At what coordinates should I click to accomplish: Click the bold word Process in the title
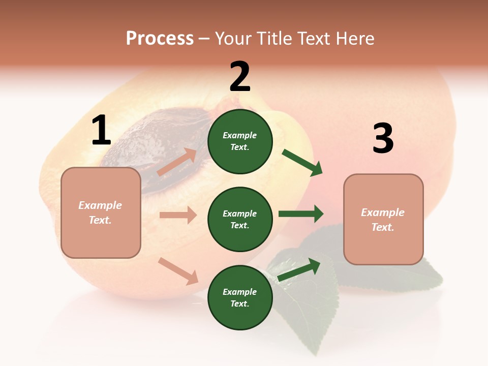click(160, 39)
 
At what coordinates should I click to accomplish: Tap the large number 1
click(101, 131)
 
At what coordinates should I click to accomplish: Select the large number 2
click(240, 77)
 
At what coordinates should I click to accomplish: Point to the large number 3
click(383, 139)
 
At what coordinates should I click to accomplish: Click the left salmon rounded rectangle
click(101, 212)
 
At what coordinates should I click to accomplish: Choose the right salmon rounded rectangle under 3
click(383, 220)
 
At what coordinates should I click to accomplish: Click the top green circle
click(240, 141)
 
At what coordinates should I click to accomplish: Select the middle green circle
click(240, 219)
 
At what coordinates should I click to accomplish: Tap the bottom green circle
click(240, 297)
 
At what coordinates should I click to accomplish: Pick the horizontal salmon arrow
click(178, 215)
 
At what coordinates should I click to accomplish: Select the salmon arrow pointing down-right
click(178, 271)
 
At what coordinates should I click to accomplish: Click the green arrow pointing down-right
click(303, 163)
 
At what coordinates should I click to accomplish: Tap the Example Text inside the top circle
click(240, 141)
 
